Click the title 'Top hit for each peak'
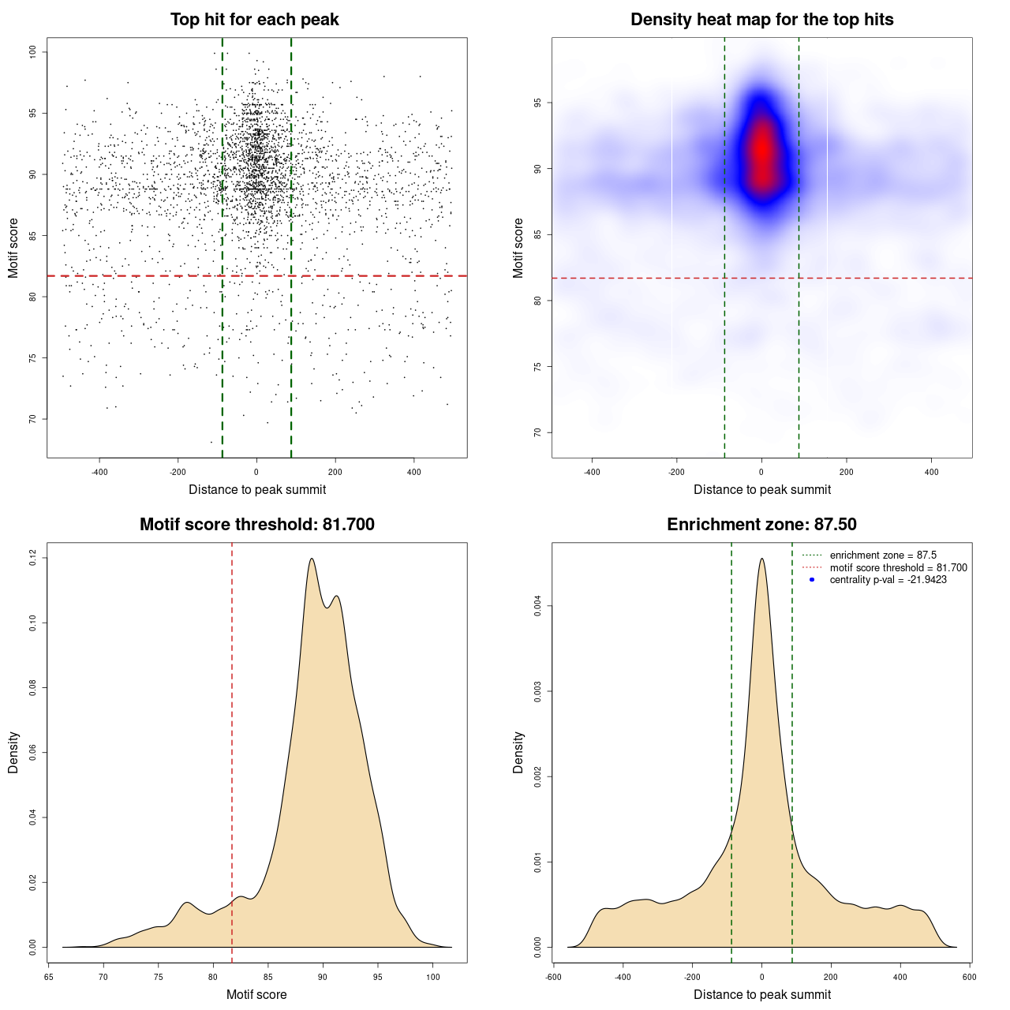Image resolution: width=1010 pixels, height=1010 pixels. [254, 20]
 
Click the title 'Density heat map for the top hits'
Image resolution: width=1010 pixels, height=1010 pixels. [761, 20]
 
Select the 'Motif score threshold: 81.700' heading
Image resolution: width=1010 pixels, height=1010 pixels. [256, 525]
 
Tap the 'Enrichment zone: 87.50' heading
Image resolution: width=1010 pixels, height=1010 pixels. [761, 525]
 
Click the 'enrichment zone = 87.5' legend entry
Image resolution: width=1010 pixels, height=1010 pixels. [883, 555]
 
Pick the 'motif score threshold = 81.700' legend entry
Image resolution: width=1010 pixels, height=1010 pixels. [898, 568]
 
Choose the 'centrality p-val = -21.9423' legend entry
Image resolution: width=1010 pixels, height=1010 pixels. [888, 580]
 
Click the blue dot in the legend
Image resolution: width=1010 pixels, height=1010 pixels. [812, 580]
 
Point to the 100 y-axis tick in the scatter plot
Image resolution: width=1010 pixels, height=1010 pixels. [33, 52]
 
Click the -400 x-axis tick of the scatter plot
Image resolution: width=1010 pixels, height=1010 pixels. [99, 472]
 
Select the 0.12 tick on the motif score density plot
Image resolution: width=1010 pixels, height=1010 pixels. [33, 558]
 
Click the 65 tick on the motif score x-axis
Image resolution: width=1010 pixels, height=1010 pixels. [48, 977]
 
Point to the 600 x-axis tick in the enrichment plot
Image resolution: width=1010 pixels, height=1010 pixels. [970, 977]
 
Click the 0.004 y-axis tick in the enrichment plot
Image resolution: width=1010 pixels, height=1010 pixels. [538, 606]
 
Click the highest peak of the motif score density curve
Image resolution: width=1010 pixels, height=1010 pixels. [312, 559]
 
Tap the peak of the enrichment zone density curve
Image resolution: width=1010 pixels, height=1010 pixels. [761, 559]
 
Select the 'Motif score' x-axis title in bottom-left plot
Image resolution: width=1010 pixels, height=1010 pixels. [256, 994]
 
